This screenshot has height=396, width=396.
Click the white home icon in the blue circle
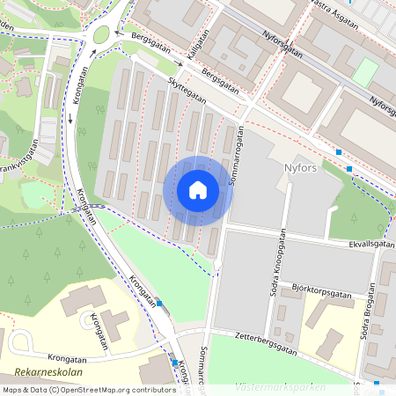pyautogui.click(x=198, y=190)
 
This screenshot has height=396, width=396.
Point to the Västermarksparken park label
pyautogui.click(x=280, y=386)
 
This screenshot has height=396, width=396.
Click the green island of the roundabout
pyautogui.click(x=102, y=34)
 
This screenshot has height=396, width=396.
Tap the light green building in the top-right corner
pyautogui.click(x=364, y=72)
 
